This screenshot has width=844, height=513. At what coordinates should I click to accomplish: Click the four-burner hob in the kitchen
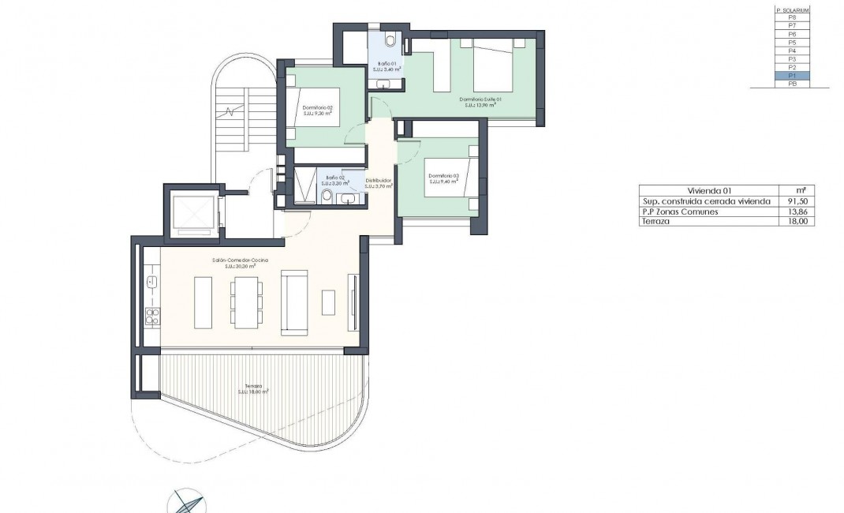(x=153, y=316)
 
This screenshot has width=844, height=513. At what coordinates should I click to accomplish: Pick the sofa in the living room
(x=296, y=301)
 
